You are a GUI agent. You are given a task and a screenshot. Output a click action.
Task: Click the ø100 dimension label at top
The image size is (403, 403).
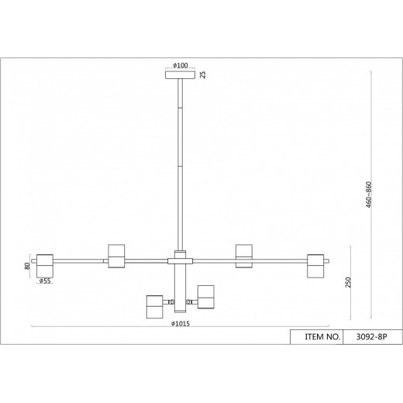pos(181,66)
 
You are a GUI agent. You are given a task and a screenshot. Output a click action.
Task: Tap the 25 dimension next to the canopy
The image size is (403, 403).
pos(204,75)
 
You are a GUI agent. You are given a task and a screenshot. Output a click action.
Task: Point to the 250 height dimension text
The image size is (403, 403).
pos(351,283)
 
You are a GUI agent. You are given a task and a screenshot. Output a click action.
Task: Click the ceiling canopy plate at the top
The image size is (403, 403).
pos(181,75)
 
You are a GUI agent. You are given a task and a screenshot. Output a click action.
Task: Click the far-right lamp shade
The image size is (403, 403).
pos(316,264)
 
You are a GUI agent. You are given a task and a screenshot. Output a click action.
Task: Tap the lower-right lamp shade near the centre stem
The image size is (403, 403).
pos(206,295)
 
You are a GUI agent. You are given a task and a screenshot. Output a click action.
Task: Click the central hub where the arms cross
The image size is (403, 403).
pos(181,258)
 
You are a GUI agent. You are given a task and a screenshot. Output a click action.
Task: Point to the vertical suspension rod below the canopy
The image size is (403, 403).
pos(181,163)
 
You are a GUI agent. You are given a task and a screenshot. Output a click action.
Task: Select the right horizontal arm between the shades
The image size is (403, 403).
pos(280,260)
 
